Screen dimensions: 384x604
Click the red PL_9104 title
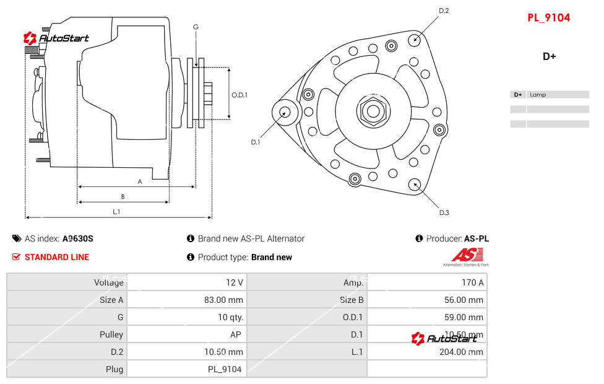click(548, 18)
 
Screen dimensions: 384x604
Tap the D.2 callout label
click(444, 11)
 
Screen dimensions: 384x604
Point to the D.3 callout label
click(444, 212)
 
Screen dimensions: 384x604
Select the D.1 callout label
click(256, 142)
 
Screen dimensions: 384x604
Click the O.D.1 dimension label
click(239, 95)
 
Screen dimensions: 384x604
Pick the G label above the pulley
click(196, 27)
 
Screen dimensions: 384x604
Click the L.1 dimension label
click(116, 212)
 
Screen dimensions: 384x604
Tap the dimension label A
click(140, 181)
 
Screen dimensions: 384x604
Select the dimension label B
click(123, 197)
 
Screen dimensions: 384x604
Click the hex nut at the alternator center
click(373, 111)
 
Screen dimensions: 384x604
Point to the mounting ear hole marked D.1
click(285, 112)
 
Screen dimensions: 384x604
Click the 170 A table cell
click(473, 282)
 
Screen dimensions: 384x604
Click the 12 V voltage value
click(235, 282)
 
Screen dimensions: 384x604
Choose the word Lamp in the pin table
click(538, 95)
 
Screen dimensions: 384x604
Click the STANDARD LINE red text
click(57, 257)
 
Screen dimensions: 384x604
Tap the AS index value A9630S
click(78, 238)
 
